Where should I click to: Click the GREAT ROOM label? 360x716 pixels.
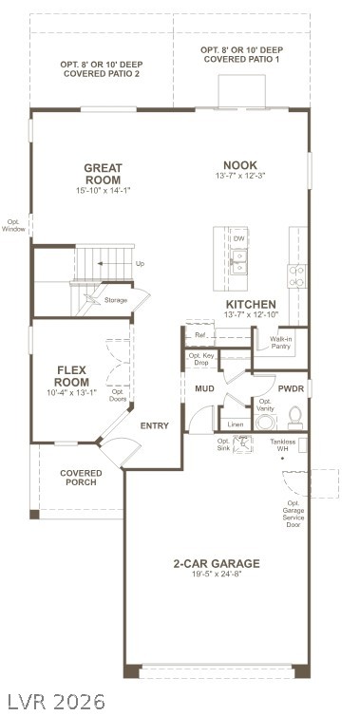(104, 174)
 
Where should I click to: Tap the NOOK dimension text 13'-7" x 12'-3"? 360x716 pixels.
(240, 176)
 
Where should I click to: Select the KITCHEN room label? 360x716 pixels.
(251, 304)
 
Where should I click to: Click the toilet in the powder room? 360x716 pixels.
(295, 418)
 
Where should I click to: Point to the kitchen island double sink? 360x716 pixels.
(239, 262)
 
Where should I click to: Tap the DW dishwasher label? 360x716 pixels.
(239, 238)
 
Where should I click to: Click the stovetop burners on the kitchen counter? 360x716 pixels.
(296, 275)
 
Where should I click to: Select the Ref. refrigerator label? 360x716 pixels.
(200, 334)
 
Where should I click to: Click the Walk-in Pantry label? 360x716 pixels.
(280, 343)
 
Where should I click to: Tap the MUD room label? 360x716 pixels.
(204, 388)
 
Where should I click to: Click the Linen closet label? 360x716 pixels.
(235, 424)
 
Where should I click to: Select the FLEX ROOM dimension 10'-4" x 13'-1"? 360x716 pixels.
(72, 391)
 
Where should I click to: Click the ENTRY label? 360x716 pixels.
(155, 425)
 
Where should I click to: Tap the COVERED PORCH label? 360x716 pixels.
(81, 478)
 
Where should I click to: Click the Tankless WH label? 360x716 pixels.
(282, 445)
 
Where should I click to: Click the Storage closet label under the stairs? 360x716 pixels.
(116, 300)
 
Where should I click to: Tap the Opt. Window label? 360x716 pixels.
(13, 226)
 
